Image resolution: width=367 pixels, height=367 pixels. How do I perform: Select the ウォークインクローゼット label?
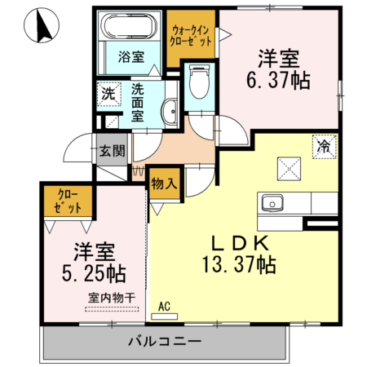pyautogui.click(x=191, y=33)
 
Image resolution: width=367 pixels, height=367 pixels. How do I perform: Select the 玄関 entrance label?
pyautogui.click(x=113, y=150)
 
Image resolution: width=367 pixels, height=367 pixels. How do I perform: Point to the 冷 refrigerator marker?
pyautogui.click(x=324, y=148)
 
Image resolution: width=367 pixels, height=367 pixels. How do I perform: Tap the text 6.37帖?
pyautogui.click(x=280, y=79)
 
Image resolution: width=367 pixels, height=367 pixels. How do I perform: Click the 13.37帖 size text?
pyautogui.click(x=239, y=264)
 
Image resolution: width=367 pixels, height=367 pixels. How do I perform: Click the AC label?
pyautogui.click(x=164, y=307)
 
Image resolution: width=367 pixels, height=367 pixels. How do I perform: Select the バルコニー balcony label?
pyautogui.click(x=165, y=341)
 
